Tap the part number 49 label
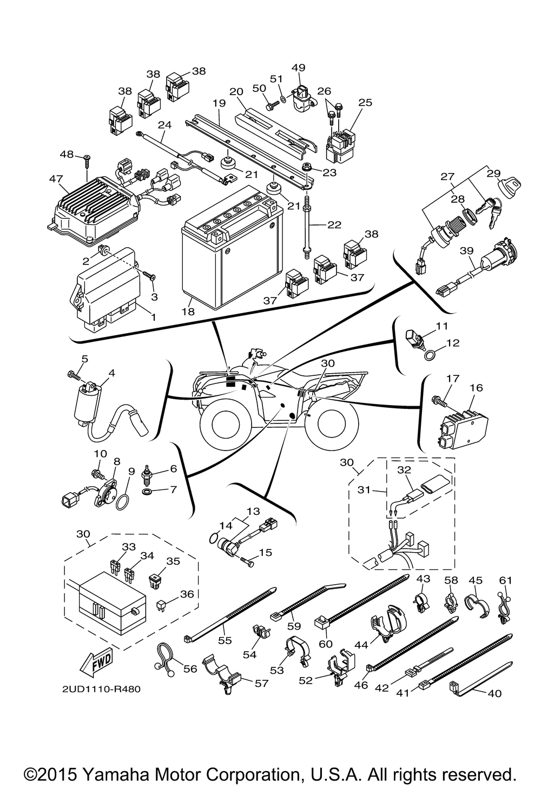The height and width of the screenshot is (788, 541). point(299,68)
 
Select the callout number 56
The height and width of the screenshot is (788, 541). point(190,668)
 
